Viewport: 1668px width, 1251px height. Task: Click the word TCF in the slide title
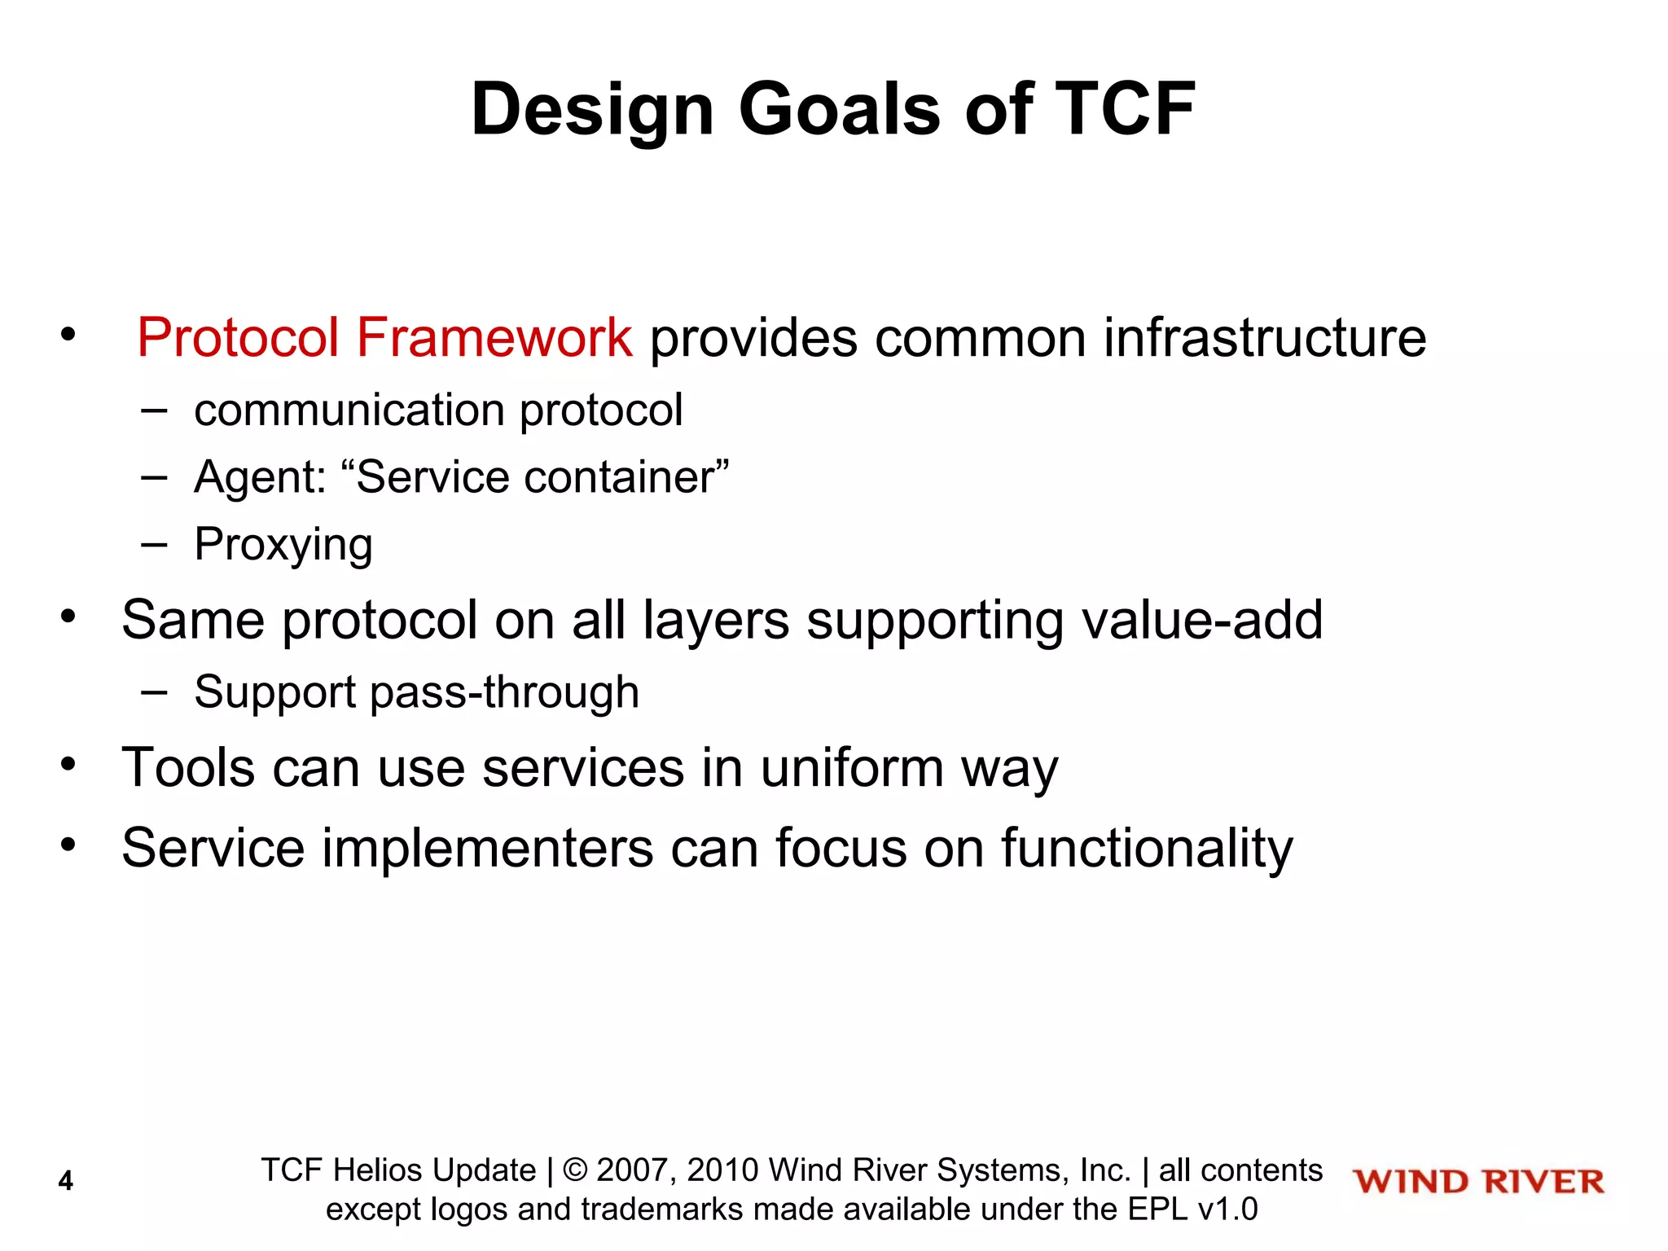tap(1124, 109)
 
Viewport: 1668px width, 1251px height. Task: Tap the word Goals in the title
tap(839, 111)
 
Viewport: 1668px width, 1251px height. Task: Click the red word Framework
tap(494, 337)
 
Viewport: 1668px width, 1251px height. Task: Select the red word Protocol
tap(237, 337)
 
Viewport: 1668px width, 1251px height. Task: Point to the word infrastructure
tap(1264, 337)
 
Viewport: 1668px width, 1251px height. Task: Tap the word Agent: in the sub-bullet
tap(260, 477)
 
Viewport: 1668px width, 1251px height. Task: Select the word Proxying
tap(283, 545)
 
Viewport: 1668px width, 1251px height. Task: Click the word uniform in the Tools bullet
tap(852, 768)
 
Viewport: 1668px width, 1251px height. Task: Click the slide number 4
tap(66, 1181)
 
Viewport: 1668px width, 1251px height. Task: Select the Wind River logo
tap(1478, 1182)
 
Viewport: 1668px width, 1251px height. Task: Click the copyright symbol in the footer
tap(575, 1170)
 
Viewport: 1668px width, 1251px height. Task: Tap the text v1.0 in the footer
tap(1227, 1209)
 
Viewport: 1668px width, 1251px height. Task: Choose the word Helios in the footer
tap(380, 1170)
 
